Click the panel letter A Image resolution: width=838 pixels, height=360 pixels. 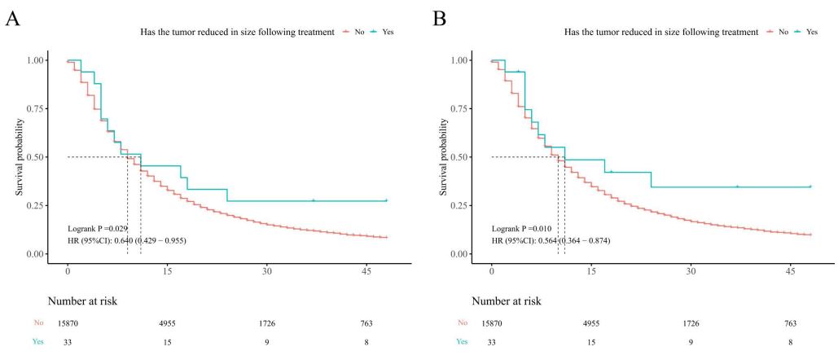[12, 19]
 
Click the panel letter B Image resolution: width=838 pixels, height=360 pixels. [439, 19]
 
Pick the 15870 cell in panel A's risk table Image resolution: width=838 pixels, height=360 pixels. [68, 324]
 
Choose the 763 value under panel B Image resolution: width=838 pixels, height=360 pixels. [790, 324]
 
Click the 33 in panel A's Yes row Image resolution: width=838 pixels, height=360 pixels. [68, 343]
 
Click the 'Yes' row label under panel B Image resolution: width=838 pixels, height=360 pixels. [463, 343]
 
